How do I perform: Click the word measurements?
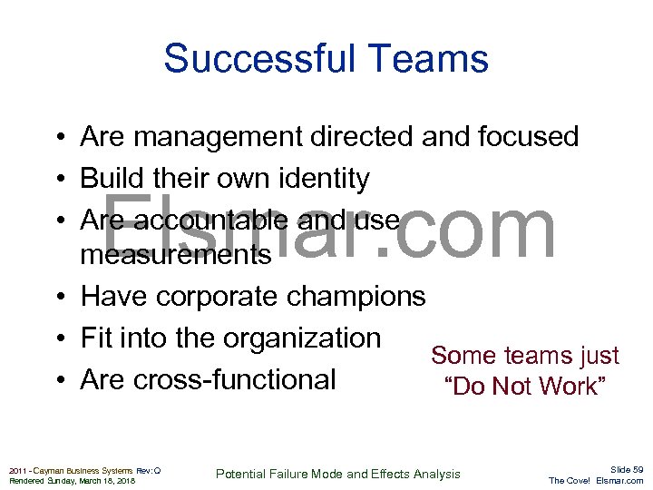point(175,255)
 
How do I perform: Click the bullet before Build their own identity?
point(56,180)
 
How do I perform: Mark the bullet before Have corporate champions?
point(56,297)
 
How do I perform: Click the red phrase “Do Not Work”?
point(524,387)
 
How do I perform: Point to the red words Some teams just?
point(524,355)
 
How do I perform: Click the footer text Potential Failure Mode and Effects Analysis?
point(337,474)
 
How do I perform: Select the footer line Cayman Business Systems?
point(80,470)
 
